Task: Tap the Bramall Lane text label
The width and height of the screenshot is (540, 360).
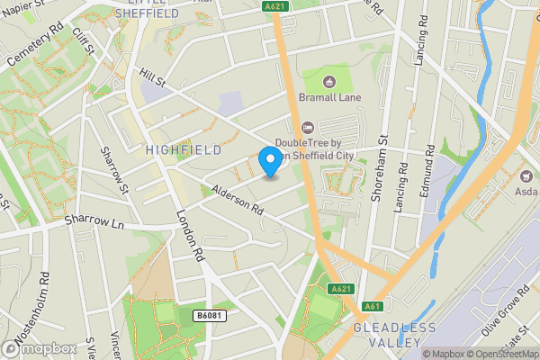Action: (329, 98)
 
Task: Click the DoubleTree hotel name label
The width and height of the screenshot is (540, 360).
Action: (312, 148)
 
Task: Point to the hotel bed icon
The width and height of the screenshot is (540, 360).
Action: (308, 127)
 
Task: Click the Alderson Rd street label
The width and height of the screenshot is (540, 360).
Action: (237, 200)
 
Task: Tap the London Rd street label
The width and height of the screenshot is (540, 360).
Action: (192, 236)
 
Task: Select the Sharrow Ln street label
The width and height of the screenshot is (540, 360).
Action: (93, 220)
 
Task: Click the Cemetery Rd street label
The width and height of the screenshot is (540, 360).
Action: (36, 53)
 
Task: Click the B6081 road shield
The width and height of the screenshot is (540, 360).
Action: (209, 314)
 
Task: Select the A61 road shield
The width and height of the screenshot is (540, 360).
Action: (370, 307)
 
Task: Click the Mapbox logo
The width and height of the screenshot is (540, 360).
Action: (40, 348)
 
